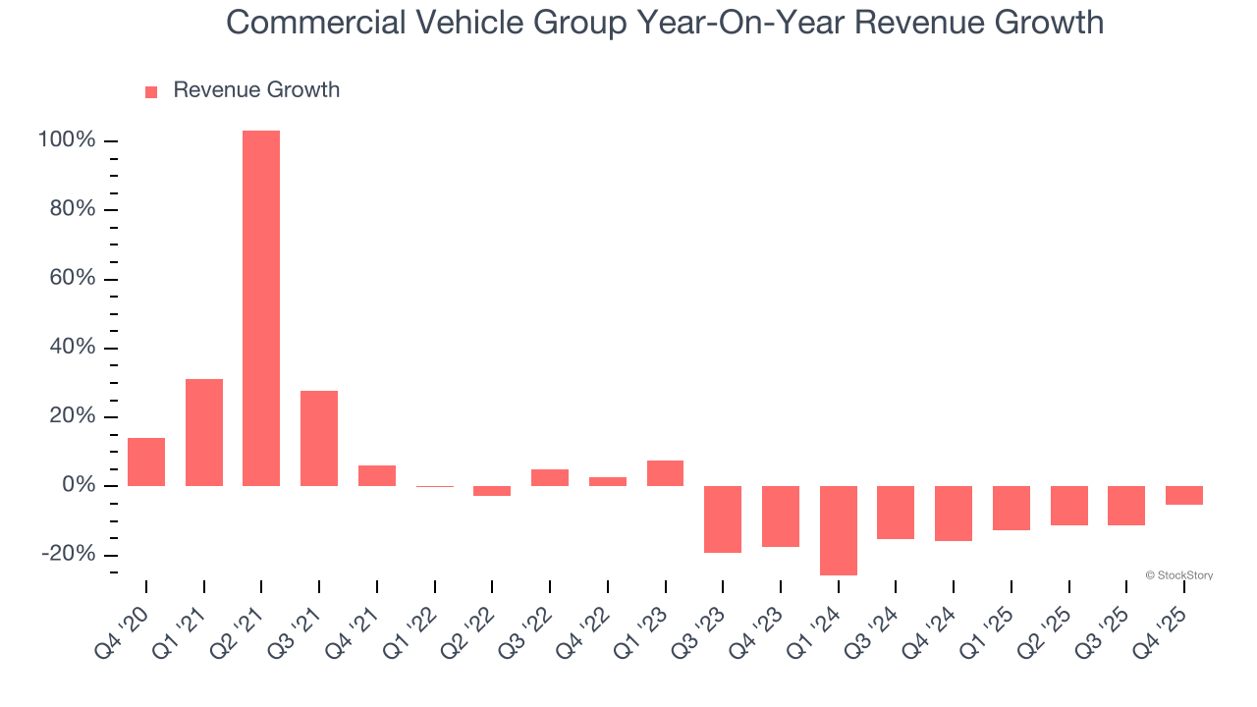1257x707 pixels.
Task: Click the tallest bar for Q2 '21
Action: tap(261, 308)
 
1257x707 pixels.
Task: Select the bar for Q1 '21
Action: tap(204, 432)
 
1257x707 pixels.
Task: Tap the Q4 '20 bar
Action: tap(146, 462)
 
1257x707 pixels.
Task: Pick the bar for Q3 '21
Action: tap(319, 438)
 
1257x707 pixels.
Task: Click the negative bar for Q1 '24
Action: tap(839, 530)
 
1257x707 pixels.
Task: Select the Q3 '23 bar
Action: tap(723, 519)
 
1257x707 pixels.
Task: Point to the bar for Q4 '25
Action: tap(1184, 495)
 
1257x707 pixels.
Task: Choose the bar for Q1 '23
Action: tap(666, 473)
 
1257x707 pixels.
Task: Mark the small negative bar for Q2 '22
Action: tap(492, 491)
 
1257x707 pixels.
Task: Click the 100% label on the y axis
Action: tap(67, 140)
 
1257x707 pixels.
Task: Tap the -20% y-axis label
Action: tap(69, 555)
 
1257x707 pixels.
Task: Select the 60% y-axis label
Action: tap(71, 279)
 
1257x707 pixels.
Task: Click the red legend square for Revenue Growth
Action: tap(151, 91)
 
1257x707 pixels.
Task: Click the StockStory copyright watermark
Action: tap(1178, 575)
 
